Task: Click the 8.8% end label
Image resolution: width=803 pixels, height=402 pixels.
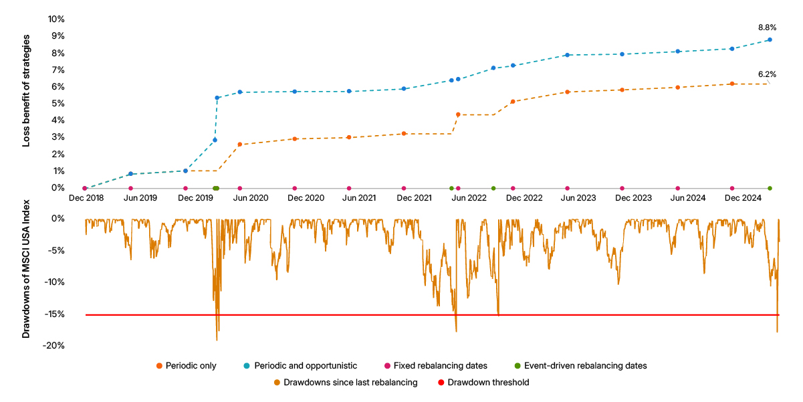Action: tap(767, 28)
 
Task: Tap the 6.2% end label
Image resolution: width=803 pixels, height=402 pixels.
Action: tap(767, 74)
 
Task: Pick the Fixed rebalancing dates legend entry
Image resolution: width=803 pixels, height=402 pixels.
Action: tap(435, 366)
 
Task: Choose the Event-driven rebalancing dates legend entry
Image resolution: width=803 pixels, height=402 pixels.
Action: tap(580, 366)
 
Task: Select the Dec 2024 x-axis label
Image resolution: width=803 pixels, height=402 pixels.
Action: tap(742, 198)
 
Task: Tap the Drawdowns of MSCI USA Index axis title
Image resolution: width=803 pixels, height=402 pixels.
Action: tap(26, 276)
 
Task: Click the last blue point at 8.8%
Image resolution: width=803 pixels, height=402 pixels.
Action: tap(770, 39)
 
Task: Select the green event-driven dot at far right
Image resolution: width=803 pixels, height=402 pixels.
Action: tap(770, 188)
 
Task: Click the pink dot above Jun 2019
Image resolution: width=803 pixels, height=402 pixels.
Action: tap(130, 188)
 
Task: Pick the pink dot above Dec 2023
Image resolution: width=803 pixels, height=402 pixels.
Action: tap(622, 188)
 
